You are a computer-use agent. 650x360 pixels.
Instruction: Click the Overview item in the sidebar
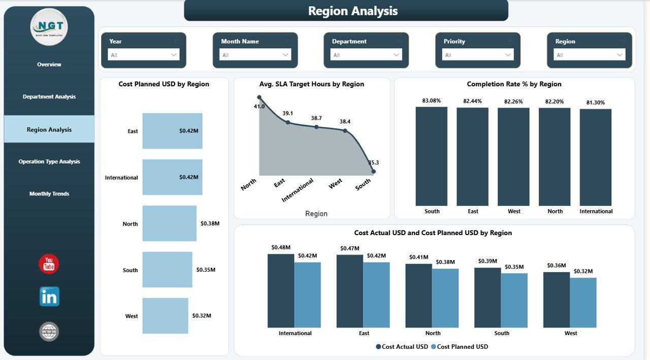[x=49, y=64]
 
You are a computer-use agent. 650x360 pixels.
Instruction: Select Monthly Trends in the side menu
[x=49, y=194]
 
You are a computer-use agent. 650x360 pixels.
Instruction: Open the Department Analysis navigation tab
[x=49, y=97]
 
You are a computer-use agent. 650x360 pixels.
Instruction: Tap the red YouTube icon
[x=49, y=264]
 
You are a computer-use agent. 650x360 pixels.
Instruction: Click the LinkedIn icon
[x=49, y=297]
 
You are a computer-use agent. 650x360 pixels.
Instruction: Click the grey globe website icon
[x=49, y=332]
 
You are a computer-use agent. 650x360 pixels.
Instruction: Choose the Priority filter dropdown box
[x=478, y=55]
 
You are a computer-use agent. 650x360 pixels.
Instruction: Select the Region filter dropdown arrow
[x=620, y=55]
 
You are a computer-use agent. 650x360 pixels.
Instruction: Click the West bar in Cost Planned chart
[x=165, y=316]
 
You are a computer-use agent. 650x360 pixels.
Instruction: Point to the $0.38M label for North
[x=210, y=223]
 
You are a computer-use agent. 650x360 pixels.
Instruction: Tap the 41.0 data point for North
[x=259, y=97]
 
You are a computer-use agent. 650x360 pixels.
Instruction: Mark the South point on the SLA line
[x=373, y=172]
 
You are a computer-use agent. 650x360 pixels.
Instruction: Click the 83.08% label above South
[x=431, y=101]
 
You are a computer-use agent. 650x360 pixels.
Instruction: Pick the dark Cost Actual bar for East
[x=349, y=291]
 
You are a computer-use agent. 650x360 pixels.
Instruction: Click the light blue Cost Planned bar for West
[x=583, y=302]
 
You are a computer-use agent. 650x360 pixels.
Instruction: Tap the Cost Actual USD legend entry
[x=402, y=347]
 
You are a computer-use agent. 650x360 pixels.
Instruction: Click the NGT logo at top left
[x=49, y=27]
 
